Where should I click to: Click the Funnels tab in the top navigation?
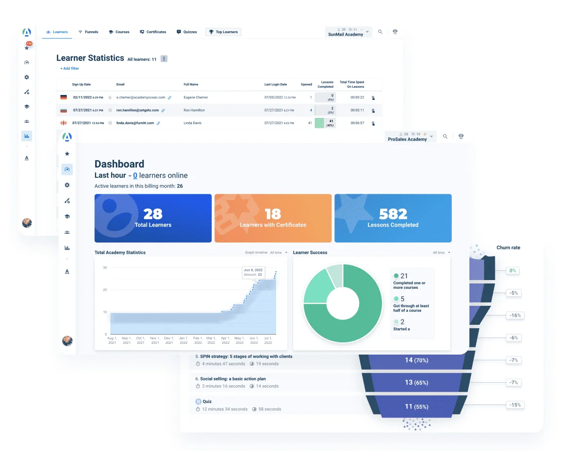click(88, 32)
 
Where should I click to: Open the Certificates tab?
click(153, 32)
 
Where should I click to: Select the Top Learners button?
click(223, 32)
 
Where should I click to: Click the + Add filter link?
click(70, 69)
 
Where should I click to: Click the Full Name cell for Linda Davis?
click(194, 123)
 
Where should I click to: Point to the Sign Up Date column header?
click(81, 85)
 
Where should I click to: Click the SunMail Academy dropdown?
click(349, 32)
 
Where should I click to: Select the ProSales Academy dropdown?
click(410, 137)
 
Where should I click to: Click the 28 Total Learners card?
click(153, 218)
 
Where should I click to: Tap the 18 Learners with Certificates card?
click(273, 218)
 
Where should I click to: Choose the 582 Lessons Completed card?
click(393, 218)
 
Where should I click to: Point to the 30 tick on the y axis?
click(104, 268)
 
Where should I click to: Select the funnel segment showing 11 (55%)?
click(416, 407)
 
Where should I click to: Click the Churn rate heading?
click(508, 248)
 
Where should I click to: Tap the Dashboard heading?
click(119, 164)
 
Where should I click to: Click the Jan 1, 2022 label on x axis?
click(183, 340)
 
